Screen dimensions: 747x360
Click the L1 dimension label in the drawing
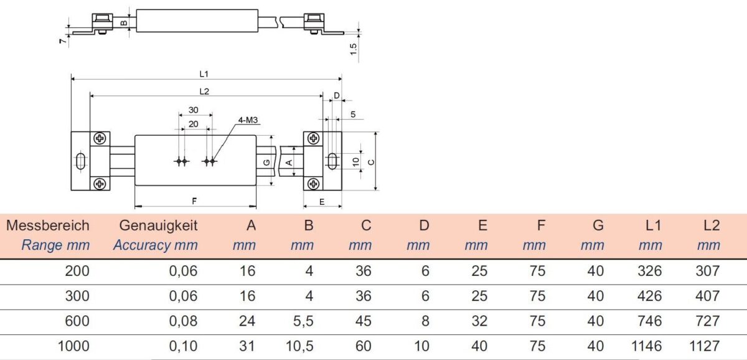click(204, 73)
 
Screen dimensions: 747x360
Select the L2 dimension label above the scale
click(204, 91)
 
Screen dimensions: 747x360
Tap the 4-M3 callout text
click(248, 120)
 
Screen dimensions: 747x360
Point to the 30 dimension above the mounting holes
click(194, 110)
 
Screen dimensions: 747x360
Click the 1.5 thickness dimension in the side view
click(353, 49)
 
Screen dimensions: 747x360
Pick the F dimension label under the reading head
click(194, 201)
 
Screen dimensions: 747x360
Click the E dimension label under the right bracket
click(322, 202)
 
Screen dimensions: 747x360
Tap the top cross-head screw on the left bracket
click(100, 138)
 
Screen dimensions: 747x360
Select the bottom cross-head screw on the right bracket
click(313, 184)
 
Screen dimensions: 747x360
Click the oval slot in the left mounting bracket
click(80, 161)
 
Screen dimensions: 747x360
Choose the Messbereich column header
click(48, 225)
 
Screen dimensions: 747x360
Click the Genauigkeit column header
click(158, 225)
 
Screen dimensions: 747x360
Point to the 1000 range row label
click(73, 346)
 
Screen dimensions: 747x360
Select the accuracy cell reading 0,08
click(183, 321)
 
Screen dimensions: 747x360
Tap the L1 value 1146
click(646, 346)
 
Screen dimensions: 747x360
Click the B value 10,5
click(299, 346)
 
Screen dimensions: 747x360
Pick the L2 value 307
click(708, 271)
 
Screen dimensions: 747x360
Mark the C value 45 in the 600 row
click(363, 321)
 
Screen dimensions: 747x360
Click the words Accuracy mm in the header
click(156, 245)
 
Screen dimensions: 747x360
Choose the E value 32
click(479, 321)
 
